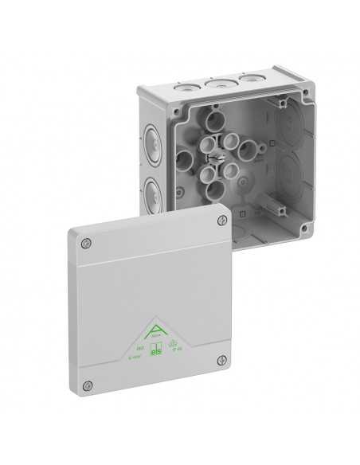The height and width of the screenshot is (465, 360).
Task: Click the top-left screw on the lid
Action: (x=88, y=242)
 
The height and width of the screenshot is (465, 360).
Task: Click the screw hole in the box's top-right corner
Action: (x=284, y=101)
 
